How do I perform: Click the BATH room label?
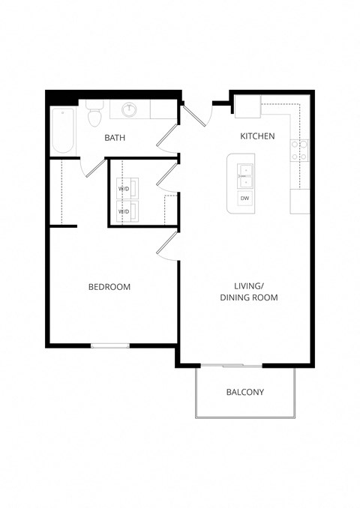115,138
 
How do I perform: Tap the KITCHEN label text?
257,136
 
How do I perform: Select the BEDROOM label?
109,287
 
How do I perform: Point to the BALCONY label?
245,392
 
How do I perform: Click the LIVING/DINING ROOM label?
249,291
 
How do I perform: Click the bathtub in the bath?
62,131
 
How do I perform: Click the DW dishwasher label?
245,198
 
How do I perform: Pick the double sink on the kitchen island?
245,176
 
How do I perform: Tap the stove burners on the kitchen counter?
301,151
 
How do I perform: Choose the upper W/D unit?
124,189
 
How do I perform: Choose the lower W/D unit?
124,211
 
